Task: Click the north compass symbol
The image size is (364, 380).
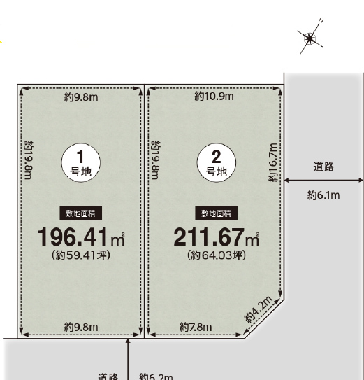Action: click(x=310, y=38)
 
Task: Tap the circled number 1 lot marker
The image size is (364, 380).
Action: click(x=81, y=162)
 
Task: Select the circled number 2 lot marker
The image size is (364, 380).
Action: click(x=217, y=162)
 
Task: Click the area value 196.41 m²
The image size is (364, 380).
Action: click(x=81, y=237)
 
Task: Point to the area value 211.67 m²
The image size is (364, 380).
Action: click(x=217, y=237)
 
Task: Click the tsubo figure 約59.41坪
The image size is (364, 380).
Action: click(x=81, y=255)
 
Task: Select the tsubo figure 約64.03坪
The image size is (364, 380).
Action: click(x=217, y=255)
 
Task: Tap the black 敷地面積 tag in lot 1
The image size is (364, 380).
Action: click(x=81, y=213)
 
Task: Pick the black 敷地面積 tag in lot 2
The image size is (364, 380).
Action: click(x=217, y=213)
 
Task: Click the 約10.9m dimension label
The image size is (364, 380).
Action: click(x=214, y=97)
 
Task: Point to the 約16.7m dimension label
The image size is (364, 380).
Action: click(x=272, y=162)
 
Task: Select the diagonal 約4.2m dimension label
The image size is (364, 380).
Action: click(x=259, y=309)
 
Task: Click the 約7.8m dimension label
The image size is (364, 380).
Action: click(x=196, y=328)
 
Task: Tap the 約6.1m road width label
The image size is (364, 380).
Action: click(x=323, y=195)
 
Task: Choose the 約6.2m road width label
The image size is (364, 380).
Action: click(x=156, y=377)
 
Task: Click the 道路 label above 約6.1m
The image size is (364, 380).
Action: click(x=323, y=167)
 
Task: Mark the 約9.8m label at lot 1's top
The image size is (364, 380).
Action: click(x=81, y=97)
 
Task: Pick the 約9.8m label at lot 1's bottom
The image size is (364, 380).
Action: click(x=81, y=328)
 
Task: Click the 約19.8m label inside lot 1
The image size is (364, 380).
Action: click(x=29, y=160)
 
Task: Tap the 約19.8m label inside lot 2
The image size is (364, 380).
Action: click(x=156, y=160)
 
